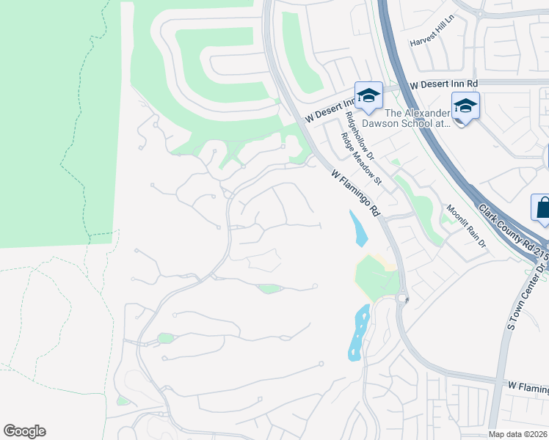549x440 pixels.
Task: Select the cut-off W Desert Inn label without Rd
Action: [x=330, y=111]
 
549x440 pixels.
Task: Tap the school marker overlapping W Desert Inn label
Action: [x=368, y=95]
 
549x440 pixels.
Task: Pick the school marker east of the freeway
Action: [x=465, y=106]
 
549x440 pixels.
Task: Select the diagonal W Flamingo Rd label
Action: [x=356, y=194]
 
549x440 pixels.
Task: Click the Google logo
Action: [x=24, y=431]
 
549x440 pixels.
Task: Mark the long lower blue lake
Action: [x=357, y=332]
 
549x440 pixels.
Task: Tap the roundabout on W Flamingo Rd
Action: [x=402, y=298]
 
